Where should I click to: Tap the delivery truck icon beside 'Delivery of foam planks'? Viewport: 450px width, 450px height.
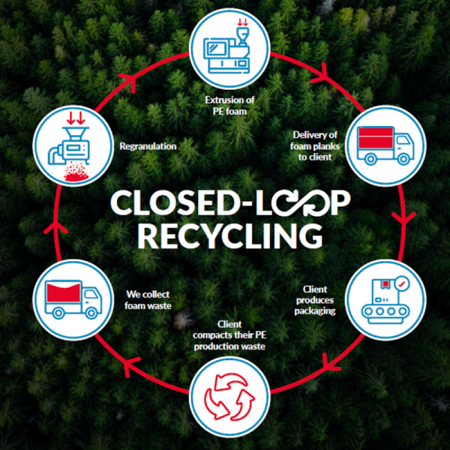385,146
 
